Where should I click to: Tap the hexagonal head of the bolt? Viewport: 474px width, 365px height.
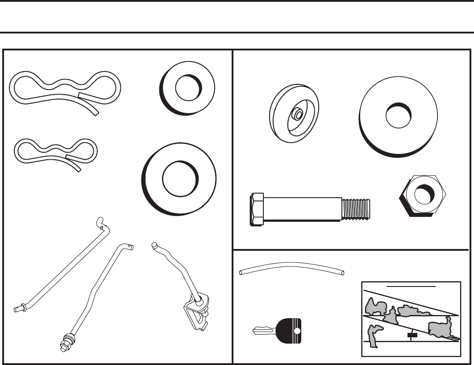click(x=258, y=209)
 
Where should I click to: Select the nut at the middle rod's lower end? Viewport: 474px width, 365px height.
click(x=68, y=341)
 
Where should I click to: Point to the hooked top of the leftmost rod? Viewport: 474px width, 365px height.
click(x=102, y=223)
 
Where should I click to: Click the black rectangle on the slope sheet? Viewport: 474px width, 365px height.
click(x=412, y=335)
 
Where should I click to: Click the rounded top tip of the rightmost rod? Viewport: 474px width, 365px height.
click(x=154, y=245)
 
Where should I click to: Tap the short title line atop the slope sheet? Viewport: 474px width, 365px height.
click(x=411, y=285)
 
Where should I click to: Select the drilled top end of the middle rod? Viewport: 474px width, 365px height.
click(x=130, y=246)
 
